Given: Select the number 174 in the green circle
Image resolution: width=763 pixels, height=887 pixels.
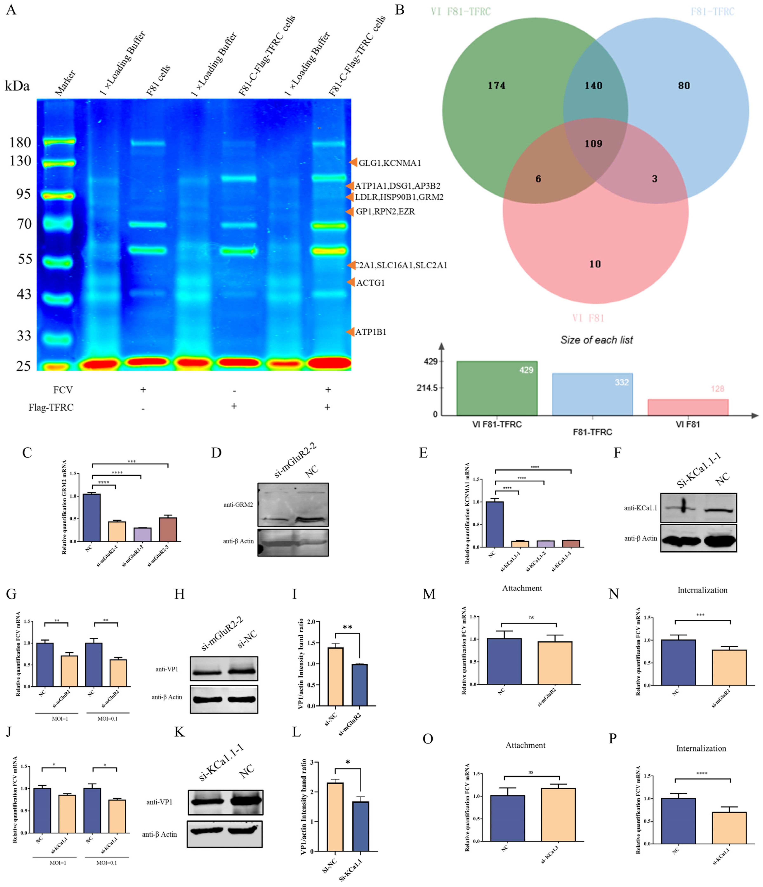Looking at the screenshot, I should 496,86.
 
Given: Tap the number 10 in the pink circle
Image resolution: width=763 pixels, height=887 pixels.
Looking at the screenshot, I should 595,264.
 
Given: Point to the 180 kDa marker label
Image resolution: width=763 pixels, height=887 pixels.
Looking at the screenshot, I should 20,142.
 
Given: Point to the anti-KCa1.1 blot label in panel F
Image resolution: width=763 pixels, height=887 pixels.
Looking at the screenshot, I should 640,508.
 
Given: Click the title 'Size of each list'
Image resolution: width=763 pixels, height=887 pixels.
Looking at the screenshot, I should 597,340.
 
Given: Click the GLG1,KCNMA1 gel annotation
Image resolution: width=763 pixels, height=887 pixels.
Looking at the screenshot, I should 390,163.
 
